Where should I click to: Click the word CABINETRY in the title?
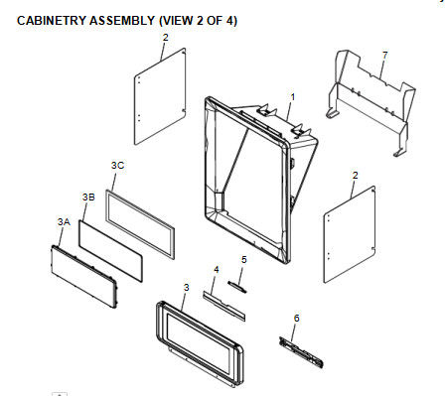[52, 21]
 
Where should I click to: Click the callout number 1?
[293, 97]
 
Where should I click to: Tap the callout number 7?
[384, 56]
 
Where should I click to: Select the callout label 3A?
[64, 221]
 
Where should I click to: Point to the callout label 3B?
[88, 197]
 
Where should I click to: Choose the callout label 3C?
[117, 165]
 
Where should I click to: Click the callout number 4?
[217, 270]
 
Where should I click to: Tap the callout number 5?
[244, 260]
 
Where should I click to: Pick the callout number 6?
[296, 318]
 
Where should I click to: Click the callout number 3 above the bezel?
[187, 288]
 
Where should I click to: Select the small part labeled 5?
[237, 287]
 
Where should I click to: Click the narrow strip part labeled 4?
[224, 306]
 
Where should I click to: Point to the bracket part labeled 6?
[301, 352]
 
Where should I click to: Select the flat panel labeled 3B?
[110, 251]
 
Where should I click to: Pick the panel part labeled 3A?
[83, 277]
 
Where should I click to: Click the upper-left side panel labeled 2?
[160, 96]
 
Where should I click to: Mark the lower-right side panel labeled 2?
[350, 234]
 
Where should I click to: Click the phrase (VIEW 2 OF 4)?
[198, 21]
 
